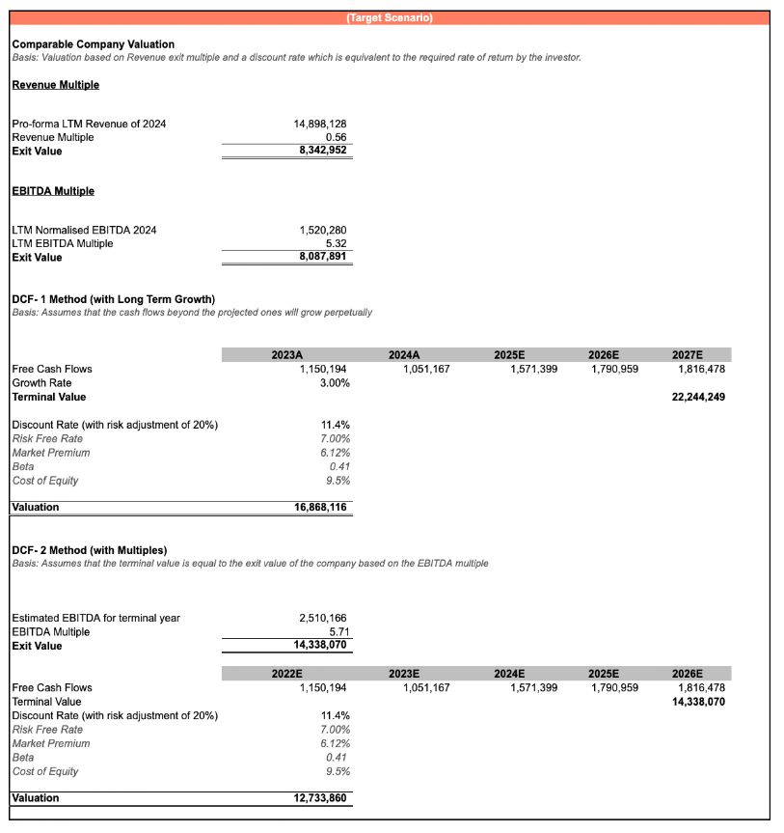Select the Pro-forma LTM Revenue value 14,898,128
pos(319,124)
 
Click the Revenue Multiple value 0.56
pos(335,137)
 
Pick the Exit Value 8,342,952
pos(323,151)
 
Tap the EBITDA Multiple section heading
pos(53,191)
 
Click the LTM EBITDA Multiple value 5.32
pos(335,243)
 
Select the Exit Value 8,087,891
pos(323,257)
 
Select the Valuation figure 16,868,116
pos(320,507)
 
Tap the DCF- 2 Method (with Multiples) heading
pos(89,550)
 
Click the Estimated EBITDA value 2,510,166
pos(323,618)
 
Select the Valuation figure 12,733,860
pos(320,798)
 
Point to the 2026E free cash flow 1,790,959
pos(614,369)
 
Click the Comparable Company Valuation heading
pos(94,44)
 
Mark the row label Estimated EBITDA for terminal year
pos(95,618)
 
